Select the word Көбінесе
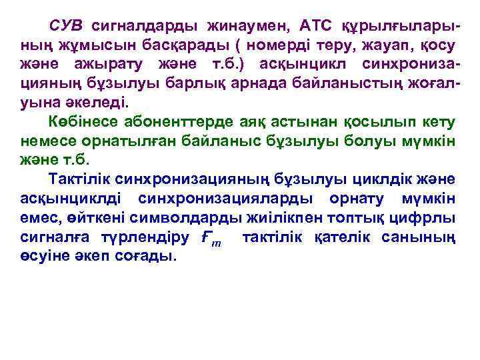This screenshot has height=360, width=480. (x=84, y=123)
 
